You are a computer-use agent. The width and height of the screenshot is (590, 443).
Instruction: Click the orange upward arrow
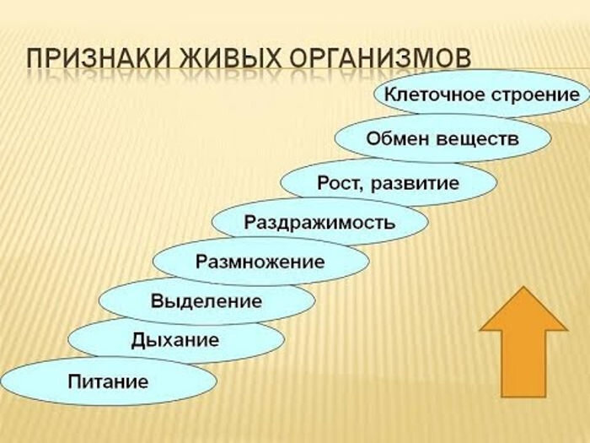(523, 342)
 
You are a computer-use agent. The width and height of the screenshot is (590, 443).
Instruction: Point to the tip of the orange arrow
(523, 287)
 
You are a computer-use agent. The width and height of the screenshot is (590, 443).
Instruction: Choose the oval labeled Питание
(109, 381)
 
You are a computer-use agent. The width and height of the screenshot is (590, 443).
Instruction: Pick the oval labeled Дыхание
(176, 339)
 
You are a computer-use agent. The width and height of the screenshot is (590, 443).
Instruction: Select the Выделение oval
(206, 300)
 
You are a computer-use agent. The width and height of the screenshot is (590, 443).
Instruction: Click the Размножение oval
(260, 261)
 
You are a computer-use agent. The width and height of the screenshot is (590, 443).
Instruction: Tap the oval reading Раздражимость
(319, 221)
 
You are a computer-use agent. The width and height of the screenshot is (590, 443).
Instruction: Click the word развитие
(415, 183)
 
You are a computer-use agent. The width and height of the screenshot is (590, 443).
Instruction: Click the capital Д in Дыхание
(139, 340)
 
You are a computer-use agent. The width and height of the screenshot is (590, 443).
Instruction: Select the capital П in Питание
(75, 381)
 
